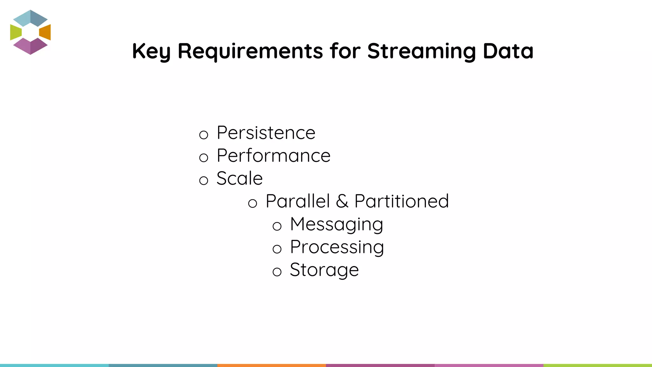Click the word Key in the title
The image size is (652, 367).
(151, 51)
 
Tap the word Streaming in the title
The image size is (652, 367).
(422, 51)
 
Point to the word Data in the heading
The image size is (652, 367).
(508, 51)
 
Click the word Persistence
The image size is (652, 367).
(266, 133)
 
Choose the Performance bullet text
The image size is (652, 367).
(273, 156)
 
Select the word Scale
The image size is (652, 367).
(239, 178)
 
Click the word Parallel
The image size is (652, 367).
(298, 201)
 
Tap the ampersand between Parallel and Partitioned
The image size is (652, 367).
(342, 201)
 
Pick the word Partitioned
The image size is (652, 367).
(401, 201)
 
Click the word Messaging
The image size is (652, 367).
(337, 224)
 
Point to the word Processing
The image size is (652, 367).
(337, 247)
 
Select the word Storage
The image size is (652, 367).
(324, 270)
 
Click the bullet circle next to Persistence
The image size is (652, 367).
(203, 135)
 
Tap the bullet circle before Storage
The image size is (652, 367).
(277, 272)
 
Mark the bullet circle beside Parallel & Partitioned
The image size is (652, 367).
(252, 203)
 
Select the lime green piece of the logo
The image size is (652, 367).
(15, 32)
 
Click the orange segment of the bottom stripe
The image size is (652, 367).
(272, 365)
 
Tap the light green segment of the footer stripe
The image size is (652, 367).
(598, 365)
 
